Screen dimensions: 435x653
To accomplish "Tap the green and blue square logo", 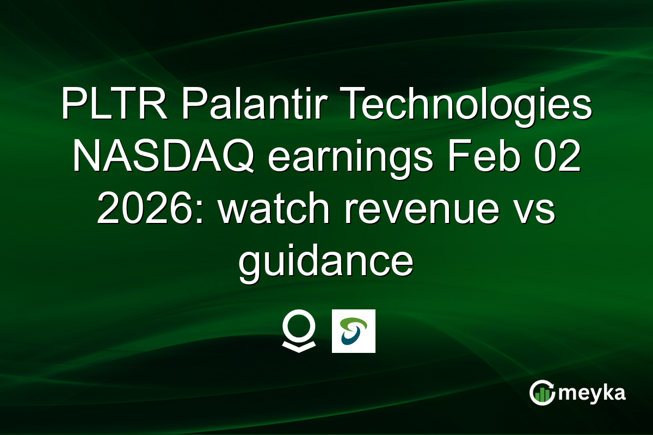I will pyautogui.click(x=354, y=331).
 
